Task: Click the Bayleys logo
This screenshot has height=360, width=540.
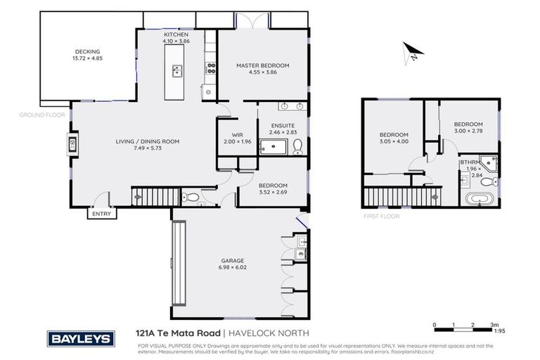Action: (79, 338)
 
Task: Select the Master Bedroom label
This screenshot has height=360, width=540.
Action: (262, 65)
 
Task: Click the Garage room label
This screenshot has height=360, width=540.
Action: (233, 260)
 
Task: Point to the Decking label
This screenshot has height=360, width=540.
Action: (88, 51)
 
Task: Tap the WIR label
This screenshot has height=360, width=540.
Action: (237, 136)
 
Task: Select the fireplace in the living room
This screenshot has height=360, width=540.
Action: (72, 146)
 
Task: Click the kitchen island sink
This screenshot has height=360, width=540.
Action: (176, 70)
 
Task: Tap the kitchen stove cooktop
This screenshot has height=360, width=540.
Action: (210, 68)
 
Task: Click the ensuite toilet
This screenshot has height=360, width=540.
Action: (297, 147)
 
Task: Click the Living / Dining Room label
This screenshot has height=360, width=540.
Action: (148, 141)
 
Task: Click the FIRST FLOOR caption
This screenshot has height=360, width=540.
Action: (382, 217)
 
